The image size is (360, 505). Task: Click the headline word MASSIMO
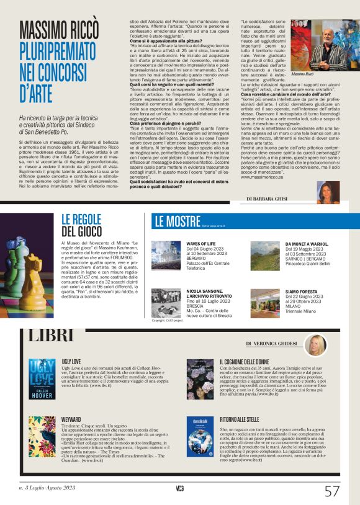point(53,30)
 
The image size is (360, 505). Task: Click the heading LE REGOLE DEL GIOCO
point(81,224)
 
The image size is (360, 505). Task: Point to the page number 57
point(332,491)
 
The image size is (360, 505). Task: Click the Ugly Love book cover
point(42,378)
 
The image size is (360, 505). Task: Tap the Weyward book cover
point(42,436)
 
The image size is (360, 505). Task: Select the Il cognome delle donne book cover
point(200,378)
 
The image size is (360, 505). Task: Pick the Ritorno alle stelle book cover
point(200,436)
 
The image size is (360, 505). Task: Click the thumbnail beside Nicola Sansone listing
point(166,302)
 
